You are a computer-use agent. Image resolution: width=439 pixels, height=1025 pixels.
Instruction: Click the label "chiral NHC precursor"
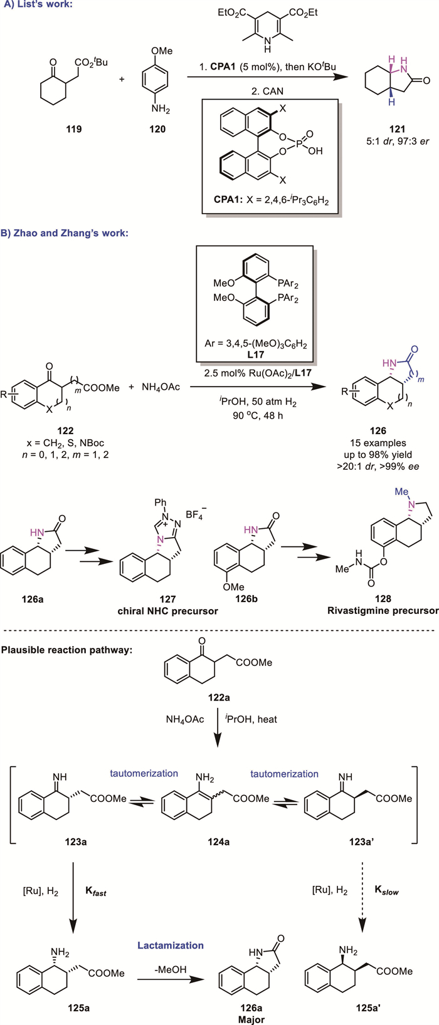(x=167, y=611)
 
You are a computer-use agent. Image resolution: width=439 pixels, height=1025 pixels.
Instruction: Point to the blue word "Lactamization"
(x=171, y=945)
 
